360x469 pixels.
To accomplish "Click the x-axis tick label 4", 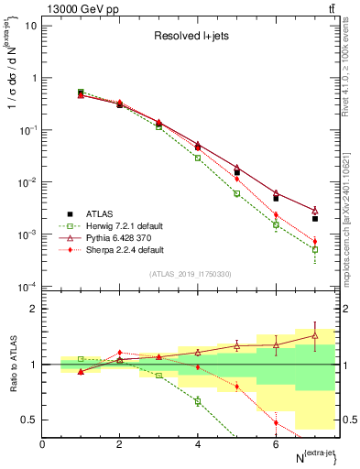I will pos(198,444).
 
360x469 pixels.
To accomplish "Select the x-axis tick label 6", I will pos(276,444).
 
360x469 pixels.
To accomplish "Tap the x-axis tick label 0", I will pos(43,444).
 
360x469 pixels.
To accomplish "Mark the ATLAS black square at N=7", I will pos(314,219).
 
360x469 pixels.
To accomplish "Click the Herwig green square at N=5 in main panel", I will pos(236,193).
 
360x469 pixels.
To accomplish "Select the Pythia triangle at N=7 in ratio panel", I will pos(314,335).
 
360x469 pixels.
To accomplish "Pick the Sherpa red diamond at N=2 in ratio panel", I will pos(120,353).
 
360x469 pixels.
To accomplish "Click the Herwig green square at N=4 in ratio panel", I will pos(198,400).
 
